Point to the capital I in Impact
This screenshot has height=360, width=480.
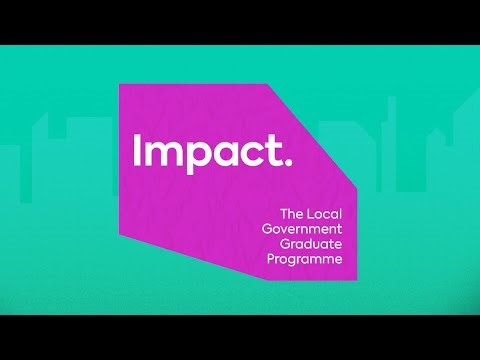point(137,151)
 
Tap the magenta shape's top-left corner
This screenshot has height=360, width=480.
point(120,84)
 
